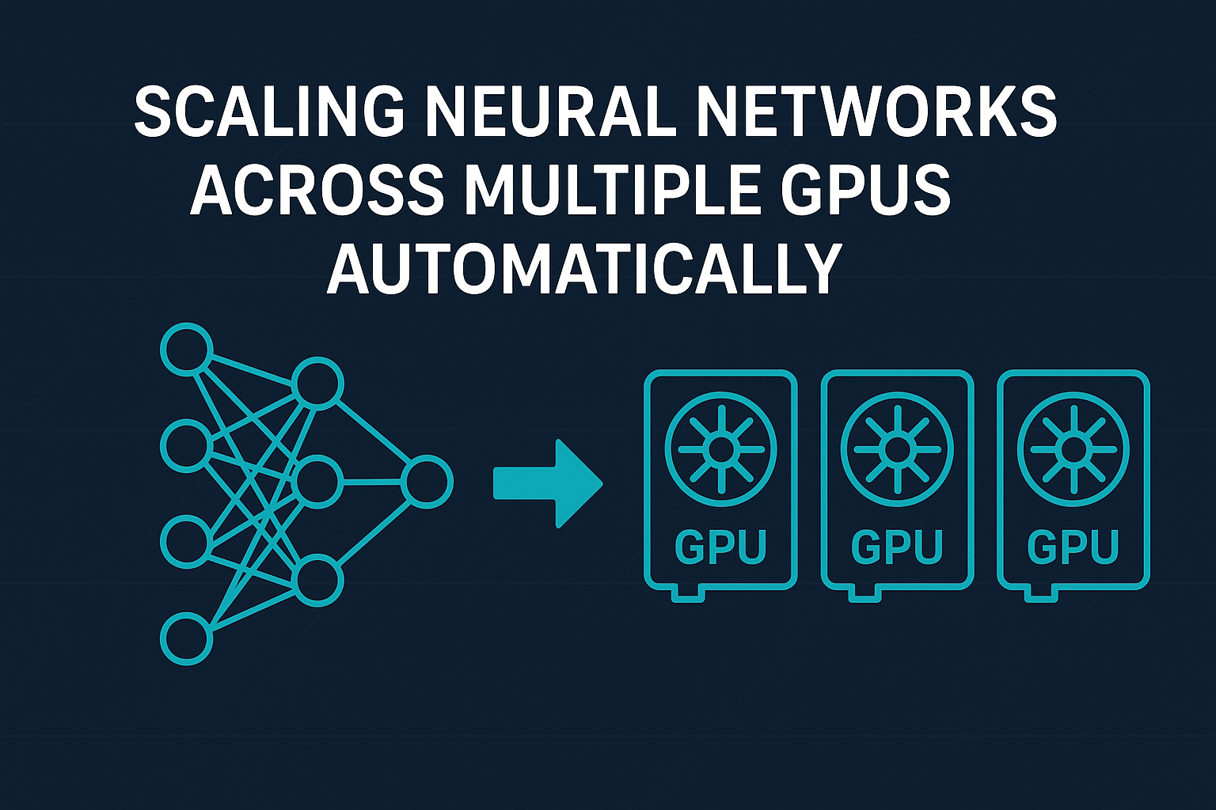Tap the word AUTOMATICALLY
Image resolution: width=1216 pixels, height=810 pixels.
click(x=583, y=268)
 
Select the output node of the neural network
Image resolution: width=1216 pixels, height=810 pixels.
click(x=427, y=482)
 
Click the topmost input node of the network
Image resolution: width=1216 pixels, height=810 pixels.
click(x=187, y=349)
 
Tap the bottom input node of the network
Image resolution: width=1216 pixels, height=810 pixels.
click(x=187, y=638)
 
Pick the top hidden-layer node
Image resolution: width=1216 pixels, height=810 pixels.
click(x=317, y=384)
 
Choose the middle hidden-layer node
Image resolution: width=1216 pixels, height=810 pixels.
click(x=317, y=481)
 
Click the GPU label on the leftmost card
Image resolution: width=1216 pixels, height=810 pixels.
click(x=720, y=547)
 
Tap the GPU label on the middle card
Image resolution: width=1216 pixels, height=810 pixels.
click(x=896, y=547)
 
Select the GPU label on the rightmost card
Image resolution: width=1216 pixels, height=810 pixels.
click(x=1073, y=547)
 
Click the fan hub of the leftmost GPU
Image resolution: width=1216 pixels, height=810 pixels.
click(x=720, y=449)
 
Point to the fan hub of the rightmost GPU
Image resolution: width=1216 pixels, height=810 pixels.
click(x=1073, y=449)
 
